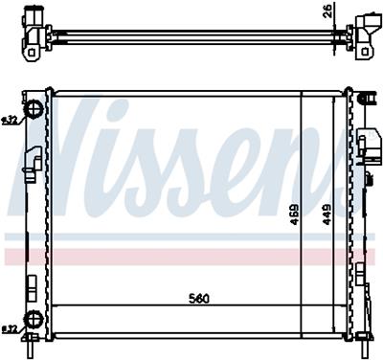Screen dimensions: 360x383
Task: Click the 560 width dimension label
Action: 199,298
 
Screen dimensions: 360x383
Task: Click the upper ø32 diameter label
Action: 11,122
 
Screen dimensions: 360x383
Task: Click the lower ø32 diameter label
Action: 11,329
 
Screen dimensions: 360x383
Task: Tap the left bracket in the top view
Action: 35,32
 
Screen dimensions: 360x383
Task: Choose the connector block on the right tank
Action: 365,147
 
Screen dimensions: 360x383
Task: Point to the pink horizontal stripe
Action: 191,257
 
